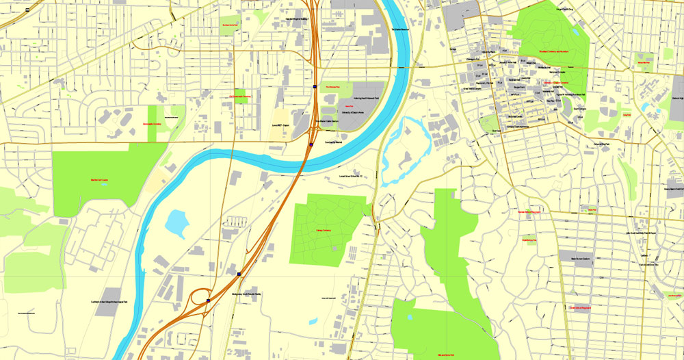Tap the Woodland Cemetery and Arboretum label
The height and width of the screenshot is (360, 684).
click(554, 52)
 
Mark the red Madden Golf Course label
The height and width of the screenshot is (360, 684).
click(100, 180)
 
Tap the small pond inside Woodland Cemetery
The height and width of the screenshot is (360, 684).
click(576, 31)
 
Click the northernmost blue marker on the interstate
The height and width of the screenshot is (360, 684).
click(314, 87)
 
